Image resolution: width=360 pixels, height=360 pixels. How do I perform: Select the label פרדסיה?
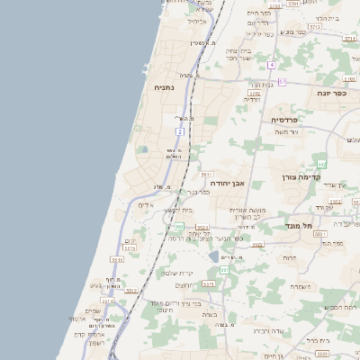coord(290,119)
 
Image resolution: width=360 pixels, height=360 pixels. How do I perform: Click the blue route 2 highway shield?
coord(180,131)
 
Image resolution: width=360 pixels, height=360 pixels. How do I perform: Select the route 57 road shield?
coord(282,82)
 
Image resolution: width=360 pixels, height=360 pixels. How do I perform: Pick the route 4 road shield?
coord(271,65)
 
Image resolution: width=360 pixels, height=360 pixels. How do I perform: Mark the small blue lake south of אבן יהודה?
coord(212,257)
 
